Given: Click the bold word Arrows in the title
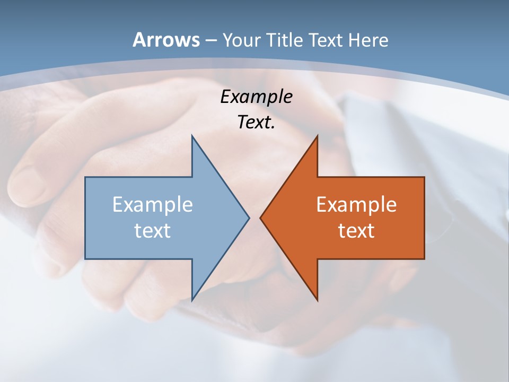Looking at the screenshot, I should tap(166, 40).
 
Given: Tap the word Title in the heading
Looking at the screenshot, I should tap(288, 40).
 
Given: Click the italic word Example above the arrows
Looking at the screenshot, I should tap(256, 97).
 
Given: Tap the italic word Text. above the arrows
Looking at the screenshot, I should tap(256, 123).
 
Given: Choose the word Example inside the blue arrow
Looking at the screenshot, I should tap(153, 205).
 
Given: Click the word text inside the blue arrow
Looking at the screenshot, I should tap(153, 230).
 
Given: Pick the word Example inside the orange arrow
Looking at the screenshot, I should tap(356, 205).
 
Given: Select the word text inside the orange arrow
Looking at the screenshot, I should tap(356, 230).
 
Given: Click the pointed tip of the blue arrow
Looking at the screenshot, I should tap(249, 218).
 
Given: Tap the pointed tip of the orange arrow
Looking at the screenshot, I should tap(260, 218).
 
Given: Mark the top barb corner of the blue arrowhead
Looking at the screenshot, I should tap(192, 136).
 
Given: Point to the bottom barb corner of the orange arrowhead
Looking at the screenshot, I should tap(317, 300).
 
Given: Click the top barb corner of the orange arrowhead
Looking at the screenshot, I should tap(317, 136).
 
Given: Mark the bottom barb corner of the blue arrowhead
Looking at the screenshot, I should tap(192, 300).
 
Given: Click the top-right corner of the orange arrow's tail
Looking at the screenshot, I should tap(424, 177).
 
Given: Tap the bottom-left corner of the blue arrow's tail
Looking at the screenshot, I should tap(85, 259).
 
